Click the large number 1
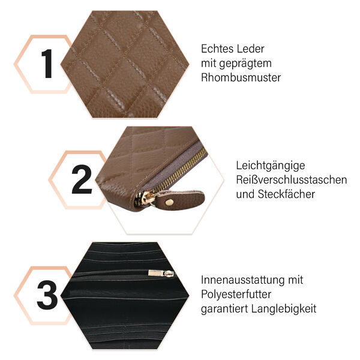coord(47,64)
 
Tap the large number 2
coord(82,179)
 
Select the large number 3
coord(47,295)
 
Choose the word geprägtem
coord(245,64)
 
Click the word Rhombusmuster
coord(241,77)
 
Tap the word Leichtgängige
coord(271,166)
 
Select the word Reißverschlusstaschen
coord(292,180)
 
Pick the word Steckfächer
coord(286,194)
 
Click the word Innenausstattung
coord(241,280)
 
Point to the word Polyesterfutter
coord(236,295)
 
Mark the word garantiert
coord(224,309)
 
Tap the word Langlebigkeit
coord(284,309)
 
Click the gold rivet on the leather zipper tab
coord(170,202)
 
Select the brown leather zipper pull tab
coord(180,199)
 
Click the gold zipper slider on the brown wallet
coord(146,198)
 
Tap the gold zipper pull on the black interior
coord(161,273)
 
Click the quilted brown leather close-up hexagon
coord(125,64)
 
